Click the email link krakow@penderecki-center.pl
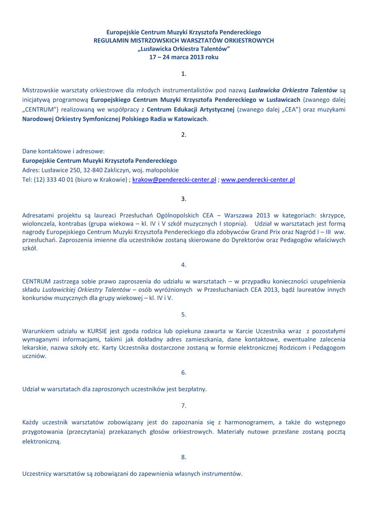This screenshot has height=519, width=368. click(x=174, y=179)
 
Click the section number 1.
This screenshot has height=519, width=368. click(x=184, y=74)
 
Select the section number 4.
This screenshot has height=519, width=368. click(x=184, y=265)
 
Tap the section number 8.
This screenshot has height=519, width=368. click(x=184, y=458)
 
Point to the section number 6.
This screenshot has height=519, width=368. click(x=184, y=373)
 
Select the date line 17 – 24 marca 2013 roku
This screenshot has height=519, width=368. click(x=184, y=57)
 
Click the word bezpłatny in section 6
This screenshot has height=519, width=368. click(x=190, y=389)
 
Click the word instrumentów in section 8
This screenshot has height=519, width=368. click(x=223, y=474)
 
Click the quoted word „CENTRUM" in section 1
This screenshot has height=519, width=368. click(x=40, y=109)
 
